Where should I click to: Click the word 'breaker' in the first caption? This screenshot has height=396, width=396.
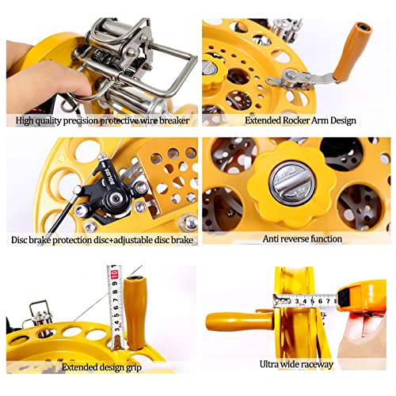(174, 120)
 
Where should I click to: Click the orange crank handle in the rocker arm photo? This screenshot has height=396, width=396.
(352, 52)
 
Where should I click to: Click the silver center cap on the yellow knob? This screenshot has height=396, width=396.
(291, 184)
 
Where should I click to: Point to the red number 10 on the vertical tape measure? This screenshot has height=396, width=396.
(114, 275)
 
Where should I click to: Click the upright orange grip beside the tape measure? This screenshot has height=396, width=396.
(135, 312)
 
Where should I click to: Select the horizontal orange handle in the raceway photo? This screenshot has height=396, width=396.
(239, 322)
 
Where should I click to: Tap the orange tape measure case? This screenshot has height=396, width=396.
(362, 295)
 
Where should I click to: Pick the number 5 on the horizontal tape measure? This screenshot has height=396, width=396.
(313, 301)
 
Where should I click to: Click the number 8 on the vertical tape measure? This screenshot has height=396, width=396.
(115, 292)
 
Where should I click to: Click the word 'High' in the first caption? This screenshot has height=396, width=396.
(25, 120)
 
